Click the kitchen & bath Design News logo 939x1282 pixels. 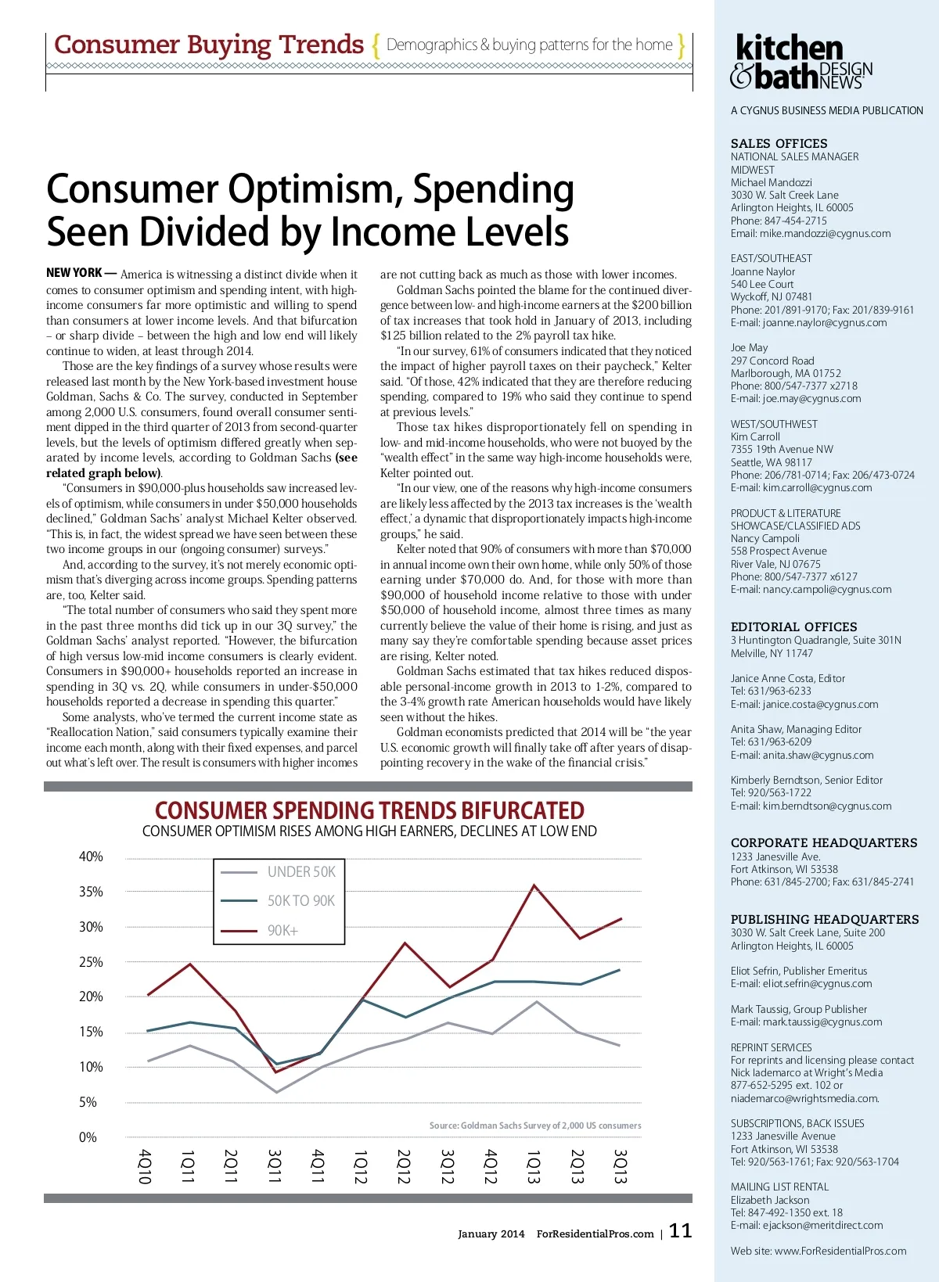[x=801, y=62]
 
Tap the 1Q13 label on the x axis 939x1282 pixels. [x=534, y=1165]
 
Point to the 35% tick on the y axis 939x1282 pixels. [x=91, y=892]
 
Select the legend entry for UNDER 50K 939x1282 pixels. [x=301, y=871]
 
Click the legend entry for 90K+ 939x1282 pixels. [x=282, y=931]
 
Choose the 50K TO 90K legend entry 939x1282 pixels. [x=301, y=901]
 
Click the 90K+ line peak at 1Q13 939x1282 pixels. [x=534, y=885]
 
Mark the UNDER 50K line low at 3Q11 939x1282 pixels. [x=276, y=1092]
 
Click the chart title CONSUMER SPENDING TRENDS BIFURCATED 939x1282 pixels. [x=369, y=810]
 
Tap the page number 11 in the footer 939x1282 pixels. [x=680, y=1230]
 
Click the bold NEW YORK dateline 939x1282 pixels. [x=74, y=273]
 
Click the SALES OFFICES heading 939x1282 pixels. [x=779, y=144]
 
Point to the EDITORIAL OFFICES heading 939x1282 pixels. [x=793, y=627]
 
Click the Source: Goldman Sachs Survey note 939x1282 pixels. [x=534, y=1126]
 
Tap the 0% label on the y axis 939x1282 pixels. [x=88, y=1137]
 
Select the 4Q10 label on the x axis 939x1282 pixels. [x=145, y=1165]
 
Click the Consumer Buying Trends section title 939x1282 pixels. [x=209, y=45]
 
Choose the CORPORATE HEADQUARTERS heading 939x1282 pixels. [x=823, y=843]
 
